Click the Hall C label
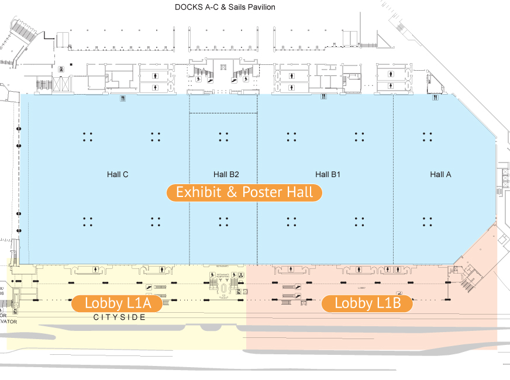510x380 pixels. click(x=118, y=174)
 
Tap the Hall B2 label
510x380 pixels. click(x=226, y=174)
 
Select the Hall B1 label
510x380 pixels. click(x=328, y=174)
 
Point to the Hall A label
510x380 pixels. click(x=440, y=174)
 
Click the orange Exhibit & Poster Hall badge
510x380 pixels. click(x=244, y=192)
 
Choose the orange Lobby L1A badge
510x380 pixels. click(x=118, y=303)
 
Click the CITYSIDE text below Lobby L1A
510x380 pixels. click(x=119, y=317)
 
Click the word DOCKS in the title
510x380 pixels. click(x=188, y=7)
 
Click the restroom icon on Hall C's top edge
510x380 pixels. click(x=122, y=98)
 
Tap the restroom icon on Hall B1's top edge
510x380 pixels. click(x=323, y=98)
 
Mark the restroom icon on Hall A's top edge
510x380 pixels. click(x=435, y=98)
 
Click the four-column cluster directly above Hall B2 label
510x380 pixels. click(x=223, y=137)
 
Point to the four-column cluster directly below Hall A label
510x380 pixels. click(x=428, y=222)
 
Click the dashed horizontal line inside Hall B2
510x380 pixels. click(x=223, y=113)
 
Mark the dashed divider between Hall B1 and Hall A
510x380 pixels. click(x=393, y=175)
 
